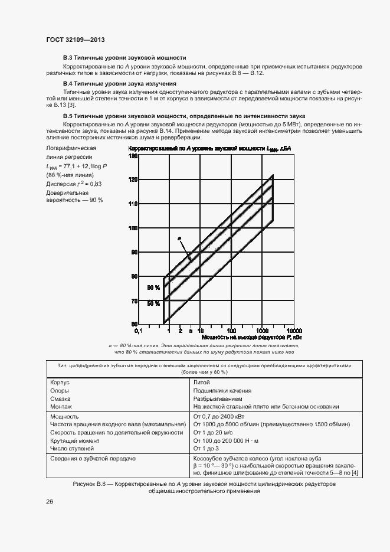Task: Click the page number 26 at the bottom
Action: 50,501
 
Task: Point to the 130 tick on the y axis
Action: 133,156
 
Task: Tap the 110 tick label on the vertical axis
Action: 133,204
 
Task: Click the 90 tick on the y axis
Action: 134,252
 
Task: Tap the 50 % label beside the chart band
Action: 153,303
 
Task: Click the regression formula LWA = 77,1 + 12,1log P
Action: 76,167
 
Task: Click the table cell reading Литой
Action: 201,382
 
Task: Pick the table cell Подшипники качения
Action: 222,390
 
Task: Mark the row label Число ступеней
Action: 73,449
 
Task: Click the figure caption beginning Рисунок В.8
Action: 204,484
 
